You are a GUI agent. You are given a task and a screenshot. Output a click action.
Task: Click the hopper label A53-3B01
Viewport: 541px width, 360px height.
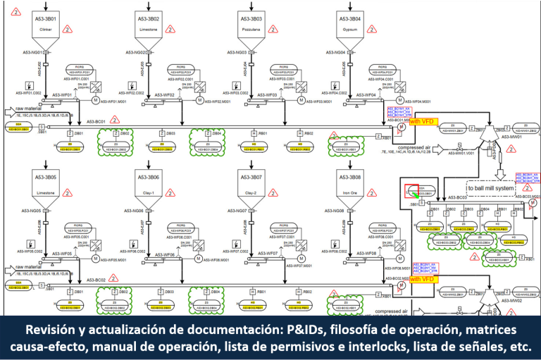pos(44,18)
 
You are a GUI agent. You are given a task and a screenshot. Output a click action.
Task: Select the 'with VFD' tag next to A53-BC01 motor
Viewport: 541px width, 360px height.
pos(424,121)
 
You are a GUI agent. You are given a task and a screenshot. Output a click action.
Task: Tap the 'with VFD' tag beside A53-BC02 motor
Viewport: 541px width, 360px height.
pos(424,279)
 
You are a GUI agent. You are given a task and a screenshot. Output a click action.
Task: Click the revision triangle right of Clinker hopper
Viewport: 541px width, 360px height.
pos(68,30)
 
